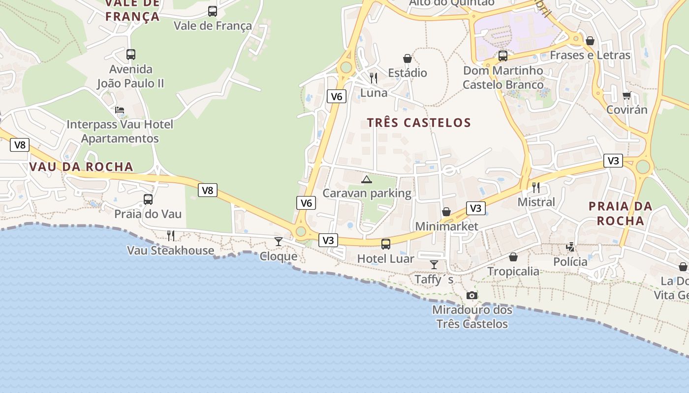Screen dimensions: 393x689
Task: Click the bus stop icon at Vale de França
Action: tap(213, 11)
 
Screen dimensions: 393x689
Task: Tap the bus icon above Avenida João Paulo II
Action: tap(131, 55)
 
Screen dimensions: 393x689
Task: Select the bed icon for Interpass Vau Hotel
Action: tap(120, 110)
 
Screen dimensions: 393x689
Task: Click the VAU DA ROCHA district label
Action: tap(81, 167)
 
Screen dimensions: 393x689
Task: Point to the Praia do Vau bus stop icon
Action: tap(148, 199)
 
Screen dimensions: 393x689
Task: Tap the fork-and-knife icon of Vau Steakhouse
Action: tap(171, 236)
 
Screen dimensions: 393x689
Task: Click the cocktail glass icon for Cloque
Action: tap(279, 242)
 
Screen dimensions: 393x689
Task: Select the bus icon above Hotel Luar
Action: tap(386, 244)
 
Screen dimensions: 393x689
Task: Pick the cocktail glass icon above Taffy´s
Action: tap(434, 265)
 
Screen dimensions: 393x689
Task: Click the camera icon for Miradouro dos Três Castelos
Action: tap(472, 295)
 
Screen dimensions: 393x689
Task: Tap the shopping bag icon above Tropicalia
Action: tap(513, 257)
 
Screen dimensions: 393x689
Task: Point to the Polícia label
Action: tap(570, 261)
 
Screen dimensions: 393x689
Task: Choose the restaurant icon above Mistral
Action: tap(536, 187)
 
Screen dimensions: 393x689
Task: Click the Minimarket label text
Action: tap(447, 226)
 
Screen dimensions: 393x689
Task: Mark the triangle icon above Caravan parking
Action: tap(366, 179)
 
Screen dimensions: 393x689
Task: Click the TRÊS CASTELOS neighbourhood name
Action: tap(419, 122)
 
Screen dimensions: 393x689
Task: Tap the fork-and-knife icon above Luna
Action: tap(374, 78)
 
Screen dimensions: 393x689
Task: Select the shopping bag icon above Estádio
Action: tap(407, 58)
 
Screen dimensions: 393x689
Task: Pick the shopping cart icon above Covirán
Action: tap(626, 95)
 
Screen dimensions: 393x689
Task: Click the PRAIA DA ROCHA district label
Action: tap(621, 213)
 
